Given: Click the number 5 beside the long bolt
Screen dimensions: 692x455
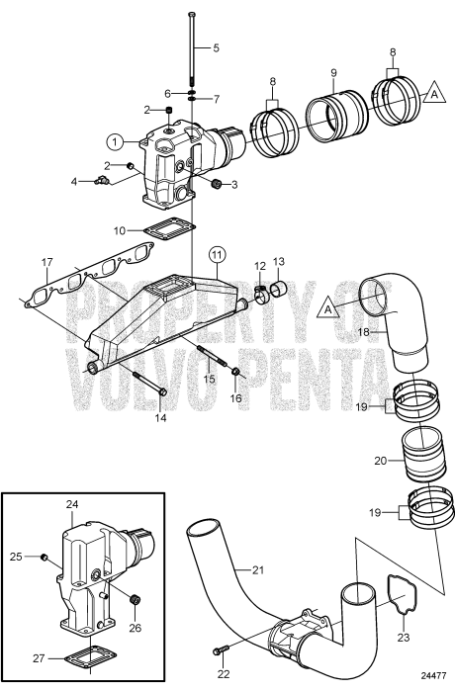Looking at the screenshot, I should pyautogui.click(x=217, y=47).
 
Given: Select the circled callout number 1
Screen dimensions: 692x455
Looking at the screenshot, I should pyautogui.click(x=116, y=142).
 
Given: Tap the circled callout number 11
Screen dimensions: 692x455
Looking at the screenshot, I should pyautogui.click(x=217, y=254).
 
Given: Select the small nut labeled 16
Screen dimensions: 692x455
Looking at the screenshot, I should pyautogui.click(x=237, y=372).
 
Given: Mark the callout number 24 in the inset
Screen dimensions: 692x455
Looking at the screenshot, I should pyautogui.click(x=71, y=504).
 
